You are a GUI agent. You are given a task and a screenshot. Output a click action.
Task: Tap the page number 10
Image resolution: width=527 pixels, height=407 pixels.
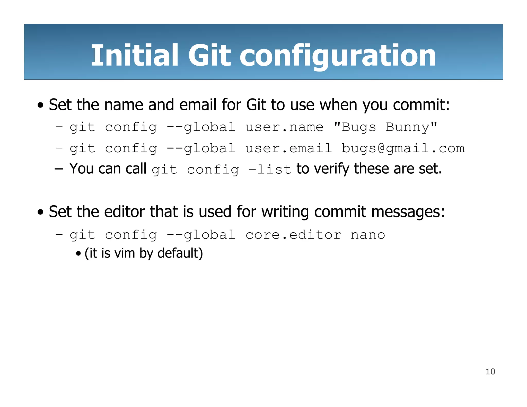pos(490,371)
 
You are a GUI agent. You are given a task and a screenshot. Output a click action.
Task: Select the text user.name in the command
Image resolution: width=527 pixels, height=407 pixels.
pos(284,127)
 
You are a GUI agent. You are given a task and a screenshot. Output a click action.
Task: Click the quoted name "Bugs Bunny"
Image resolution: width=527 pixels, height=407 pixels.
pos(385,127)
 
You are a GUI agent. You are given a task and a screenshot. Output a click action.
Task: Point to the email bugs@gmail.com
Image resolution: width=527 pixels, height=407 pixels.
pos(403,149)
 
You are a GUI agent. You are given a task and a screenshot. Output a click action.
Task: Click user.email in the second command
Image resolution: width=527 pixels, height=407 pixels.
pos(288,149)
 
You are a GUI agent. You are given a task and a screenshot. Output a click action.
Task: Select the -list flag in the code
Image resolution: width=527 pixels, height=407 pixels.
pos(269,170)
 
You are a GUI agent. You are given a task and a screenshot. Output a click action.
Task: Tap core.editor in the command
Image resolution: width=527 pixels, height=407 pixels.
pos(293,235)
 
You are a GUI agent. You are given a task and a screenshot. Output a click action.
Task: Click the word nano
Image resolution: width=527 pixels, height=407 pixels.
pos(368,235)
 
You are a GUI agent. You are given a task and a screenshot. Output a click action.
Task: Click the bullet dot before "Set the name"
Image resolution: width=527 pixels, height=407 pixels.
pos(40,105)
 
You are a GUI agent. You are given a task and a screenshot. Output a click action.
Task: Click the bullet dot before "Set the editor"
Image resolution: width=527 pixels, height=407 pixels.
pos(40,213)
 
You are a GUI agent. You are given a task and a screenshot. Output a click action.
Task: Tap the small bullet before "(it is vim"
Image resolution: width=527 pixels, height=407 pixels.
pos(78,254)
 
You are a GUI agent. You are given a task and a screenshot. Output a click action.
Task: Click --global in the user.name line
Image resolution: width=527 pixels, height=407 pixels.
pos(201,127)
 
